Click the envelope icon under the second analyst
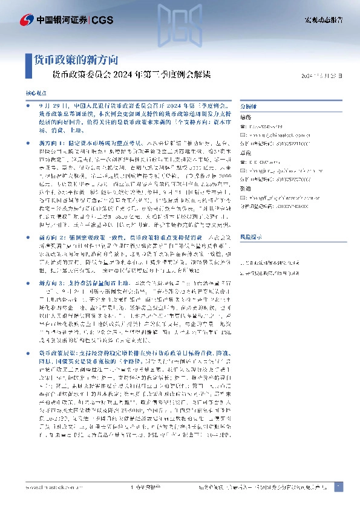click(243, 171)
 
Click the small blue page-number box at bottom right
click(339, 487)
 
